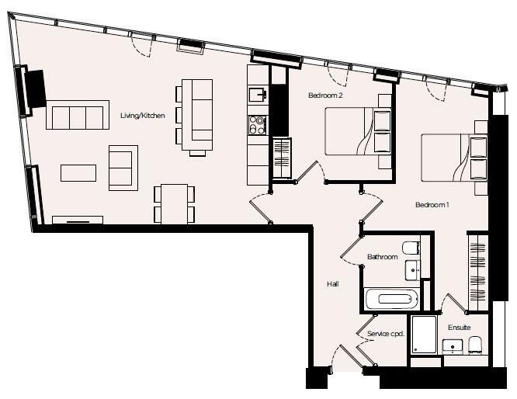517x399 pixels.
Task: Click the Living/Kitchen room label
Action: pos(142,116)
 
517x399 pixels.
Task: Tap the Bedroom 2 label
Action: pos(325,95)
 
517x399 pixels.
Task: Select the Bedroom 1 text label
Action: pos(432,205)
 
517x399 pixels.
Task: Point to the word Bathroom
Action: pos(383,256)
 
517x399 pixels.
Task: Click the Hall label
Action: pos(333,284)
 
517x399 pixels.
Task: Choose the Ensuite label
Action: pos(460,328)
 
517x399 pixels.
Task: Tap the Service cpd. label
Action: pos(386,334)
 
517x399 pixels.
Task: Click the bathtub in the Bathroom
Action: pos(391,299)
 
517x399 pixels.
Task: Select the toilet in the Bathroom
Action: pos(411,248)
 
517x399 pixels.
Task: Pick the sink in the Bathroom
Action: pos(412,270)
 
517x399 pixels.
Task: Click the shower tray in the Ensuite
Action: pos(425,335)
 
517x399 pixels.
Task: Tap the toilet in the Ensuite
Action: pos(475,345)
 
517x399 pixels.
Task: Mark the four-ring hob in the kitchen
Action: pos(258,125)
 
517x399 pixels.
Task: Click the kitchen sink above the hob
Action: pos(258,95)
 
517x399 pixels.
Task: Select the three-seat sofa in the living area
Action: pos(78,115)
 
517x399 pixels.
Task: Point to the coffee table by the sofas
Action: pos(78,173)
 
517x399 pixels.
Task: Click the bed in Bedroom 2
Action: pos(359,131)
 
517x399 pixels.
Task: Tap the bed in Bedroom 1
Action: pos(454,158)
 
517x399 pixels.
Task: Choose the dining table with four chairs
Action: pos(175,204)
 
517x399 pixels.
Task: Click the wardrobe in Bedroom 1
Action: pos(478,272)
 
